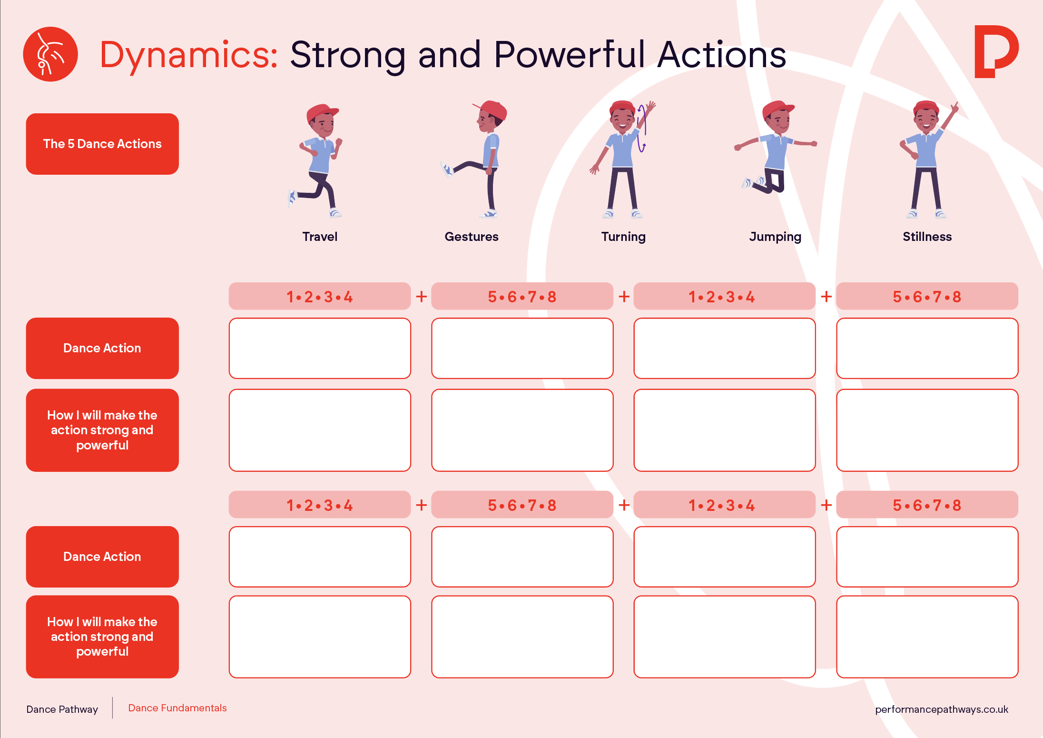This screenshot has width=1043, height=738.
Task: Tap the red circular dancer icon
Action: (50, 54)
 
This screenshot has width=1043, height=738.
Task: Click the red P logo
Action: (996, 51)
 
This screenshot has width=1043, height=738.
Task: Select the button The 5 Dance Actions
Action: (102, 144)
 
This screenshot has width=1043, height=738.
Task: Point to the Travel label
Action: (320, 237)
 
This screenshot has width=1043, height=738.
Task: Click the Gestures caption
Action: (472, 237)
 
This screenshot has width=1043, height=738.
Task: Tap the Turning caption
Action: (623, 237)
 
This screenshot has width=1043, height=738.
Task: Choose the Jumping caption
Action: (775, 237)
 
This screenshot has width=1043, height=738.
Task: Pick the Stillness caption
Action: (927, 237)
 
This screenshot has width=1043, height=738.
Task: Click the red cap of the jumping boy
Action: (777, 109)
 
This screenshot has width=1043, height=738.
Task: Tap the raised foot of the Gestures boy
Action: (447, 169)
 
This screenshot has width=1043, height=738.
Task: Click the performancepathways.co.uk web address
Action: (942, 709)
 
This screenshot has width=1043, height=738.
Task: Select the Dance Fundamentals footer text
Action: (177, 708)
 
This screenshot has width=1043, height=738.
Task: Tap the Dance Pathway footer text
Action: (62, 709)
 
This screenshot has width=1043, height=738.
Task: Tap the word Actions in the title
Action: (722, 55)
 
